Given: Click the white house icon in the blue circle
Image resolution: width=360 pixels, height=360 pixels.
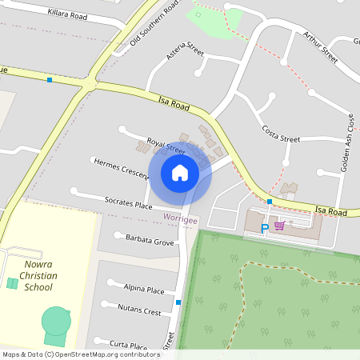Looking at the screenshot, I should point(180,173).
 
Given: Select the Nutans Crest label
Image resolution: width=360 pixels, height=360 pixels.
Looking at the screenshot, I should point(142,308).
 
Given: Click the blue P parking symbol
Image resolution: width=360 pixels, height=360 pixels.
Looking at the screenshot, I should point(266,229).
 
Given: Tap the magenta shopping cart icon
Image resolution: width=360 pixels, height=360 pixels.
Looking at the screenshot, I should point(279,226).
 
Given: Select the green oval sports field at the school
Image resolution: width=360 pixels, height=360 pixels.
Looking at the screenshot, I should point(56,322).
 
